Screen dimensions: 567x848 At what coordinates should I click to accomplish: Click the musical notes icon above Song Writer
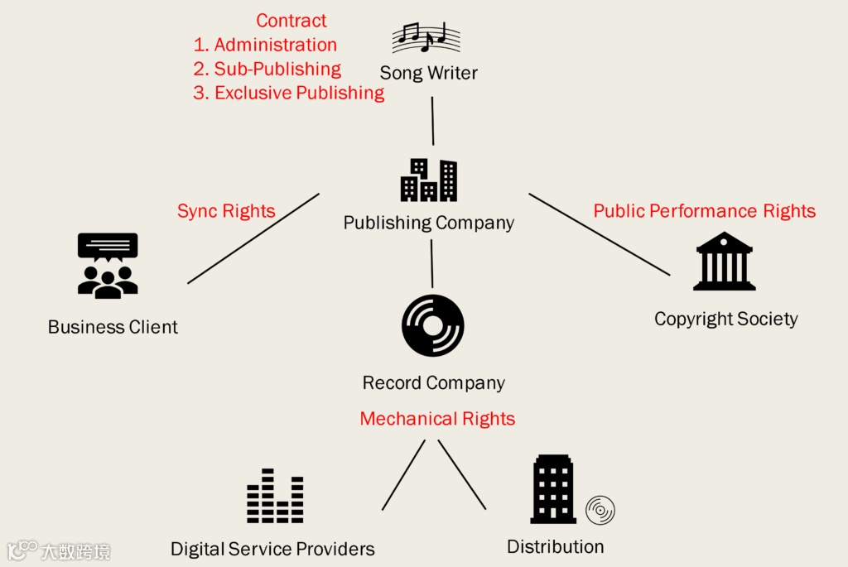(x=426, y=37)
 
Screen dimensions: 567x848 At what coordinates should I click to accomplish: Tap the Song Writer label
(x=428, y=73)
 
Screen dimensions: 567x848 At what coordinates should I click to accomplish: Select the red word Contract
(x=291, y=21)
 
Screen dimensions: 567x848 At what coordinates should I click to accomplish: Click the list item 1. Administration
(x=265, y=45)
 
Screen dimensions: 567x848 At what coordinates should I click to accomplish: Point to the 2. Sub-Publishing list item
(x=267, y=69)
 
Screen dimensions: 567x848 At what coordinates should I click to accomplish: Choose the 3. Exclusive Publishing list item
(x=288, y=93)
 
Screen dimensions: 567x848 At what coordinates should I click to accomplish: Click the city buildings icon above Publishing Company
(x=429, y=180)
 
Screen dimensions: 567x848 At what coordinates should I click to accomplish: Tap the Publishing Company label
(x=428, y=223)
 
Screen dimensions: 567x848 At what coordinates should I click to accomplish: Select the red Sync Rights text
(x=226, y=211)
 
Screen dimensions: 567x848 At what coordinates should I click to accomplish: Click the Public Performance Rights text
(x=704, y=211)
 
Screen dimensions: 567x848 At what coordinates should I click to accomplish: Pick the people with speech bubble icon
(x=108, y=266)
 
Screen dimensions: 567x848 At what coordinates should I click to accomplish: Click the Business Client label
(x=113, y=327)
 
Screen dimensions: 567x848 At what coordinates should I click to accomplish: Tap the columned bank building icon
(x=724, y=262)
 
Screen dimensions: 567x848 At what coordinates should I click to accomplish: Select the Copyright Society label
(x=725, y=319)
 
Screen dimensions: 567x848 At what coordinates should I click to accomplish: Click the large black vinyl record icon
(x=432, y=325)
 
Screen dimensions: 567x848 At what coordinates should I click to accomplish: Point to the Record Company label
(x=433, y=383)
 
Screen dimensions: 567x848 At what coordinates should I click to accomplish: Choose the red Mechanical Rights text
(x=437, y=419)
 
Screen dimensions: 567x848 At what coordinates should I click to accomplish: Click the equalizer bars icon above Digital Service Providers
(x=275, y=497)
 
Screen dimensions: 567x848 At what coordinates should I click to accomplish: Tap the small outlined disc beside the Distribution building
(x=600, y=510)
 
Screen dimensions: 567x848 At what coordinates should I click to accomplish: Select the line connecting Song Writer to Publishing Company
(x=432, y=121)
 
